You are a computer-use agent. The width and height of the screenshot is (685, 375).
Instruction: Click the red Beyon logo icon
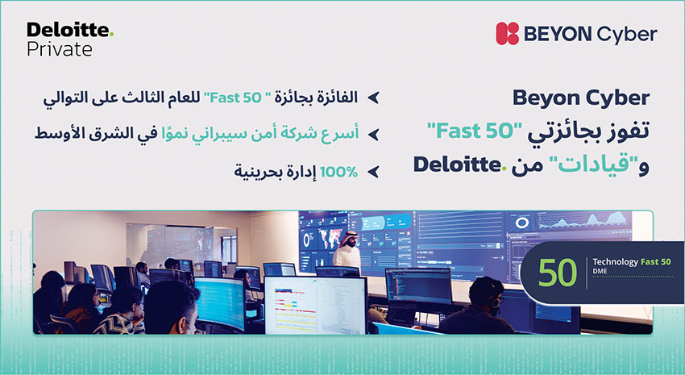pos(507,34)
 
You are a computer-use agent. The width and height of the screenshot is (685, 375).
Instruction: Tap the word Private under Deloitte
pos(60,49)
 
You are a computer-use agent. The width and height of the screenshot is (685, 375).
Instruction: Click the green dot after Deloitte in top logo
pos(111,34)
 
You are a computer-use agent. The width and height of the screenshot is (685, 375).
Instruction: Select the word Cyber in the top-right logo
pos(627,35)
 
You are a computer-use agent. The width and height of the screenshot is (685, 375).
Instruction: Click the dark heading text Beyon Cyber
pos(581,98)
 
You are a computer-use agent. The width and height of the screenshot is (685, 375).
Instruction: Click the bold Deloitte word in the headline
pos(457,165)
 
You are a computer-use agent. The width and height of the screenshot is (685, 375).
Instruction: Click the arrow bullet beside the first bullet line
pos(373,98)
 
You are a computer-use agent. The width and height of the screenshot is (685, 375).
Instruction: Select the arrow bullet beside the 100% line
pos(373,172)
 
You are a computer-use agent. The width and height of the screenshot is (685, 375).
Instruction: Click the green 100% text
pos(338,172)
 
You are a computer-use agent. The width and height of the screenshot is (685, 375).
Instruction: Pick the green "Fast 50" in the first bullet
pos(233,98)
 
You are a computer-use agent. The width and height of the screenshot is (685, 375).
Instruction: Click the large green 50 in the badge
pos(557,273)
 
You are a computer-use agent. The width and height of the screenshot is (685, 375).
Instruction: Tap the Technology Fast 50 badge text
pos(631,262)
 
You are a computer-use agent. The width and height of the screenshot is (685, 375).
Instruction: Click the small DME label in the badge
pos(600,272)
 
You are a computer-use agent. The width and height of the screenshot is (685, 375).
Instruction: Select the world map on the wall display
pos(330,239)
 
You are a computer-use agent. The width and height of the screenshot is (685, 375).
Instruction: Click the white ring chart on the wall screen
pos(521,223)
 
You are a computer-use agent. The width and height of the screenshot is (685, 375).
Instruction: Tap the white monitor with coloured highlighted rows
pos(315,305)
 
